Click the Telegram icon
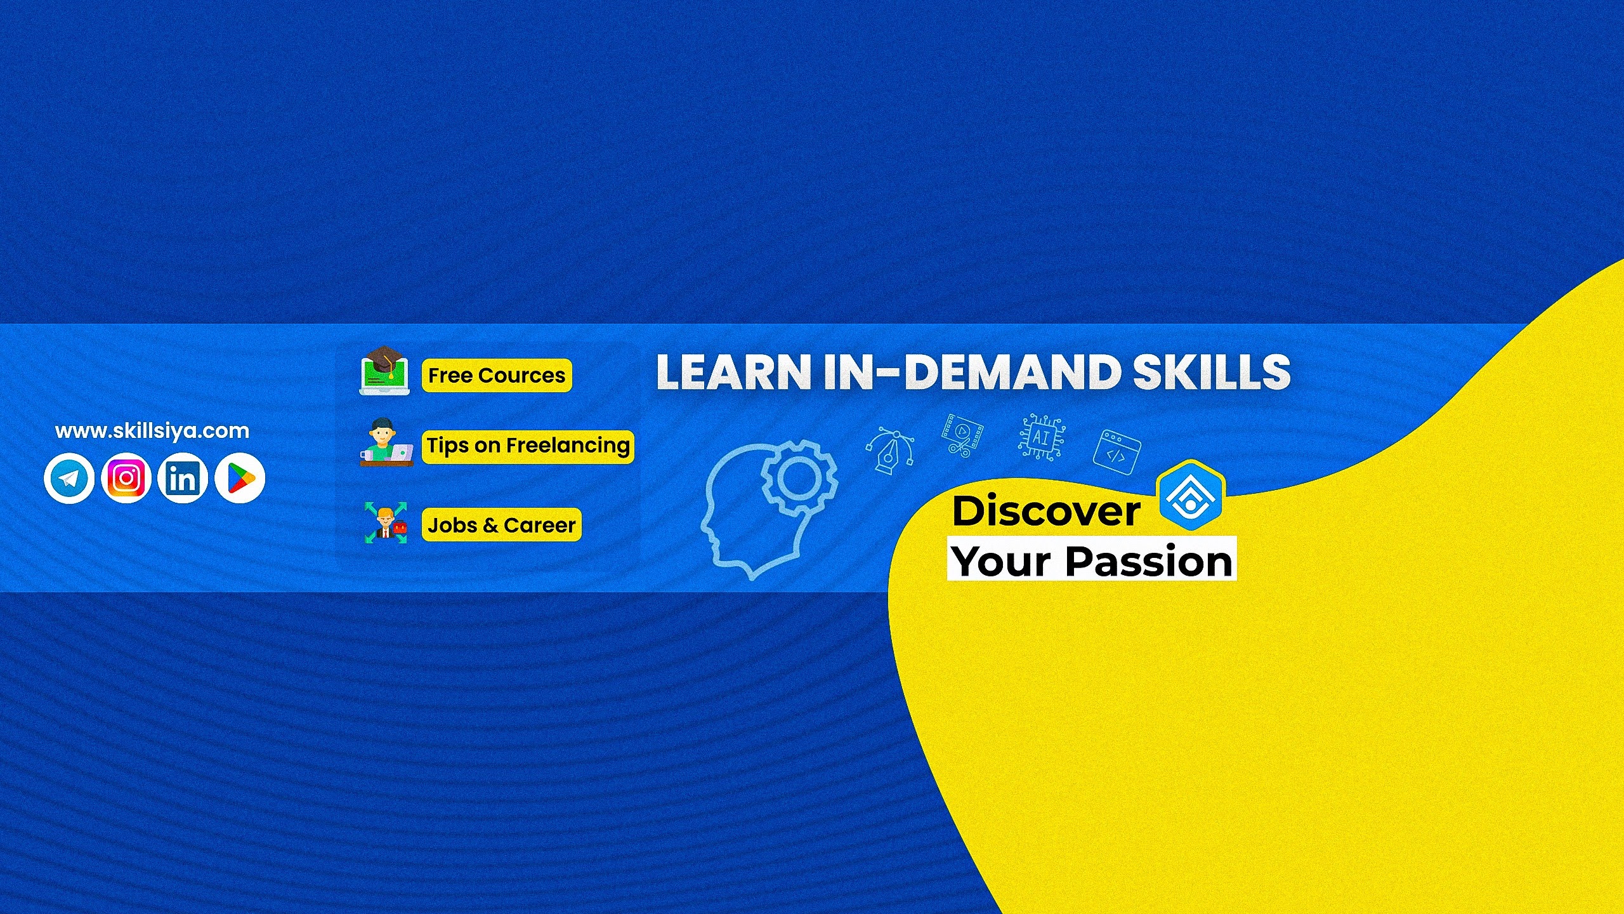69,478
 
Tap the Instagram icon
126,478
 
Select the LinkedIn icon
183,478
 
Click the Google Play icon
240,478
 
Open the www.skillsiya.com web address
152,431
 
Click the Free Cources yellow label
497,375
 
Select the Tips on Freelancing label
528,446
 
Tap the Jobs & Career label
501,525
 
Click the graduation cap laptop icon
384,371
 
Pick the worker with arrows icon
386,522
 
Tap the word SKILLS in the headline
1212,372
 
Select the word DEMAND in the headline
1012,372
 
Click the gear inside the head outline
799,477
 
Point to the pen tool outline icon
890,450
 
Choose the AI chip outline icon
1042,437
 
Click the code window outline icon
1117,452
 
